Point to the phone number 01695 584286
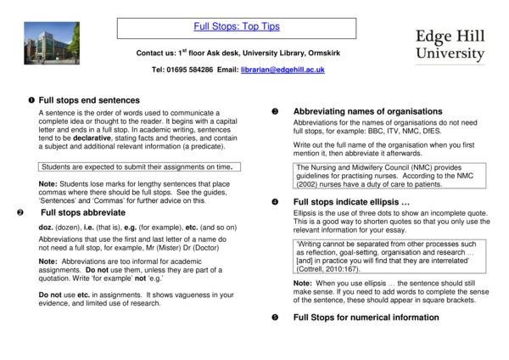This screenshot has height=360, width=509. pyautogui.click(x=189, y=69)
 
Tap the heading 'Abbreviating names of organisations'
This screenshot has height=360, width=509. pyautogui.click(x=367, y=111)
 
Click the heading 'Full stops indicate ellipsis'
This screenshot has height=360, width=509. pyautogui.click(x=351, y=201)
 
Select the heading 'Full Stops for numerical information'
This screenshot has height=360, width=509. pyautogui.click(x=366, y=318)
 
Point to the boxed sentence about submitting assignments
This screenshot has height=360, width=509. pyautogui.click(x=136, y=166)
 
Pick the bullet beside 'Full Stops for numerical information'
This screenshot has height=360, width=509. pyautogui.click(x=275, y=318)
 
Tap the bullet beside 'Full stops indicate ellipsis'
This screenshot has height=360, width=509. pyautogui.click(x=275, y=202)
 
